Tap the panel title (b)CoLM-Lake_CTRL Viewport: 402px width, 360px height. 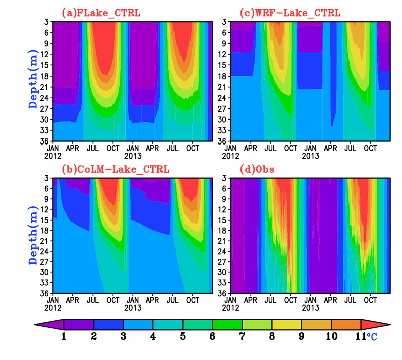[114, 168]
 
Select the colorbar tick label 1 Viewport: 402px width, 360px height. [64, 336]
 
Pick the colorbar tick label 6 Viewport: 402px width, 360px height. [212, 336]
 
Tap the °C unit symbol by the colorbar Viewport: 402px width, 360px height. [371, 336]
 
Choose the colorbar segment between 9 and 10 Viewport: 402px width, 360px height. [316, 324]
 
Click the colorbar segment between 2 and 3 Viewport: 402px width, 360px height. [109, 324]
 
